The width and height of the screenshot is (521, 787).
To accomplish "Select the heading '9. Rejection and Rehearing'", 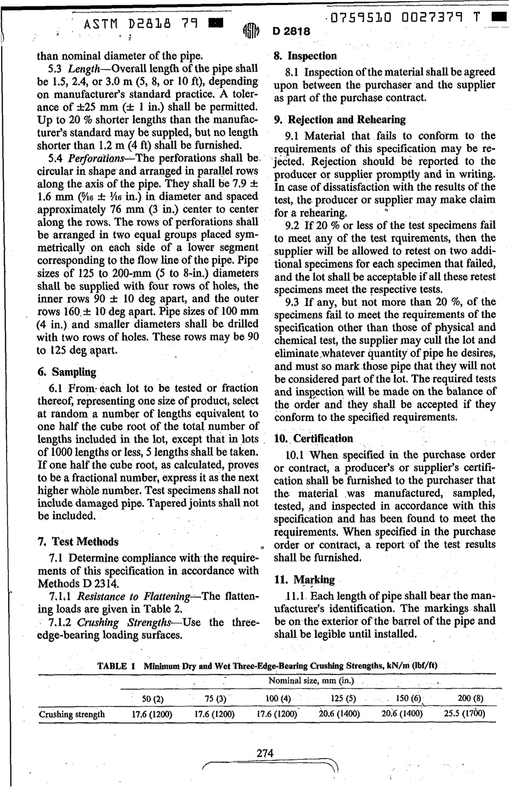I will (339, 120).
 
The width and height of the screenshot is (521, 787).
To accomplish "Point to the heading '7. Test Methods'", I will (78, 542).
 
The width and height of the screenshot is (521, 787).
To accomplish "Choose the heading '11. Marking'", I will (304, 580).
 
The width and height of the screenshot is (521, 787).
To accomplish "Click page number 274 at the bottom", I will (265, 754).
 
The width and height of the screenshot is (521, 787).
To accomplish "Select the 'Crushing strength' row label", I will (72, 714).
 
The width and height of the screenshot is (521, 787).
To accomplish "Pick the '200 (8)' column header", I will (470, 698).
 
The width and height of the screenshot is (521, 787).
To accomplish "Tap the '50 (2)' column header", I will (153, 699).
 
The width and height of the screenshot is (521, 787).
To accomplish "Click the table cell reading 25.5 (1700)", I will (465, 714).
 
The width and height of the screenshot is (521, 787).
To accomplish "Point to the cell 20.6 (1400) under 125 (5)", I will (339, 714).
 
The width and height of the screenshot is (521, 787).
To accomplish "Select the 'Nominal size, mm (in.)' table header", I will (311, 681).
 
